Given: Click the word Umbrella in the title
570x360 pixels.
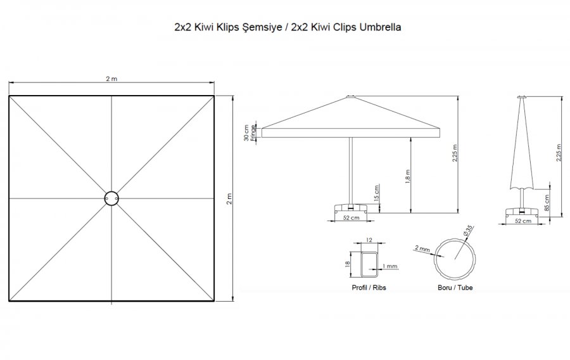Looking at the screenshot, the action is [380, 27].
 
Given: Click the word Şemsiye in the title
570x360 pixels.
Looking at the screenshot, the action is [261, 28].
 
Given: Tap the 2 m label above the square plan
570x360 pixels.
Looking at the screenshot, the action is [111, 79].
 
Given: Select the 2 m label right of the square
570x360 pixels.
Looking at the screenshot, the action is [229, 199].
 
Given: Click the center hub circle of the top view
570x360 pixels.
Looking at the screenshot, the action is [111, 198].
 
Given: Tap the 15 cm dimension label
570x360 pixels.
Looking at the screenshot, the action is [376, 193].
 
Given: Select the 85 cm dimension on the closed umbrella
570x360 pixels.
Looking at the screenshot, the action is [547, 203].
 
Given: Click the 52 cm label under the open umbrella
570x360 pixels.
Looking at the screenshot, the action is [351, 218].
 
